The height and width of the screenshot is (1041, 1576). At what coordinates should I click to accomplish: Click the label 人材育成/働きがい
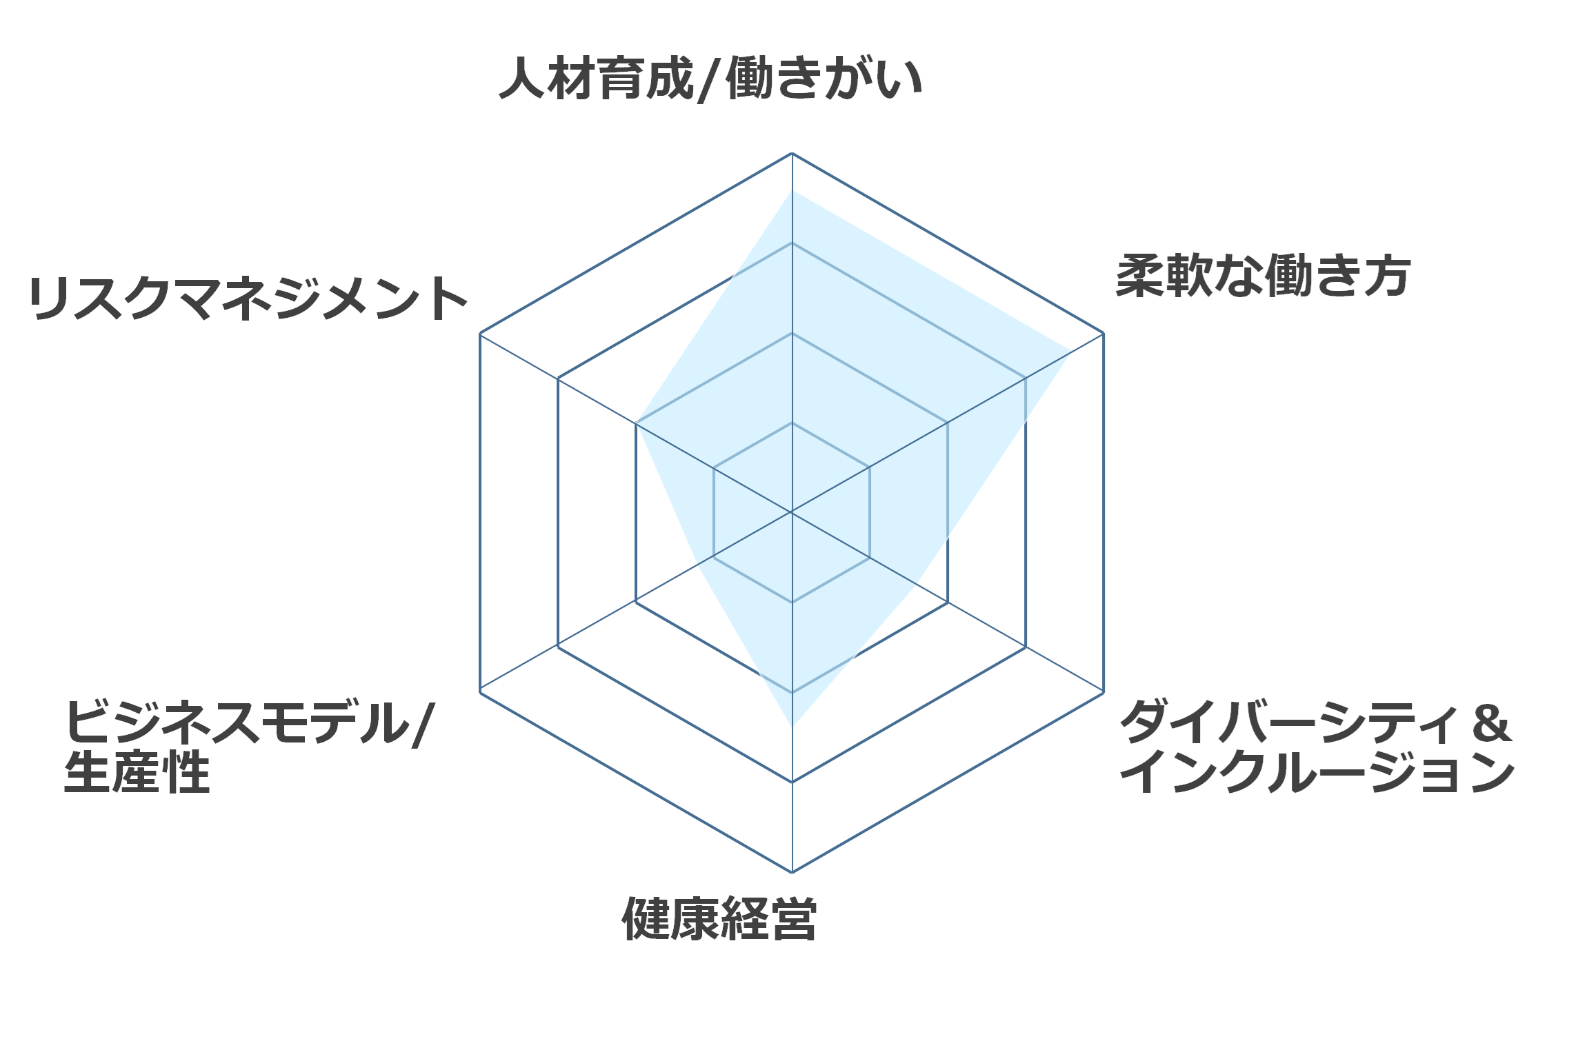711,79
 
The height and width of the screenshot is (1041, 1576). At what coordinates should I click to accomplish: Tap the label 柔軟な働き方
1263,276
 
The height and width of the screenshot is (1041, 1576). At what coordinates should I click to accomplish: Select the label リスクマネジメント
248,299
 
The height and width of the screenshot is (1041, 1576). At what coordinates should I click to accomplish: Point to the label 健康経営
719,918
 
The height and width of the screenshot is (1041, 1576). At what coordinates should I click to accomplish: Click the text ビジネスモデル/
249,723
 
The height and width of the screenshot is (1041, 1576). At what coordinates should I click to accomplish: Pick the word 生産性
137,773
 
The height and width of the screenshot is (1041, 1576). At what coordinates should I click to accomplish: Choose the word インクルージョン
1317,772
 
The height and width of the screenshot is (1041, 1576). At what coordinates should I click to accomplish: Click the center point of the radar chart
792,512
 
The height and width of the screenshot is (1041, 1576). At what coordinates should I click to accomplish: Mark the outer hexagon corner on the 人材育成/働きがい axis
792,153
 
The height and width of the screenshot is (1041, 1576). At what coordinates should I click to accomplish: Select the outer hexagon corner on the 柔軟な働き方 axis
1104,334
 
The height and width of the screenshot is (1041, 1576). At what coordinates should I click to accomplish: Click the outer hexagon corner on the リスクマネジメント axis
480,334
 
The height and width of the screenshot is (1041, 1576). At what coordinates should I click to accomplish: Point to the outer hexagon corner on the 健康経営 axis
792,872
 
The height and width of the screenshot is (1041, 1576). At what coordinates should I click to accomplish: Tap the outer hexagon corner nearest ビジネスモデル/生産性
480,691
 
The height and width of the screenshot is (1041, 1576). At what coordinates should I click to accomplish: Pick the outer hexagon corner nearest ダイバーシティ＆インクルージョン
1104,691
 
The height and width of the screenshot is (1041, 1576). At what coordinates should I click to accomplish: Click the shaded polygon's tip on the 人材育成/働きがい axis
792,190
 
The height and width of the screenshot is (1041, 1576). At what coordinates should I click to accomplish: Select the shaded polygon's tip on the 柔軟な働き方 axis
1070,352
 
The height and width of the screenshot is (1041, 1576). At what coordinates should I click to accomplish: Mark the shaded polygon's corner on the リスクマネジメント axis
636,423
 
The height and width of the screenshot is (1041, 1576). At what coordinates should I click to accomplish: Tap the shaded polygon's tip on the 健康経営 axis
792,727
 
